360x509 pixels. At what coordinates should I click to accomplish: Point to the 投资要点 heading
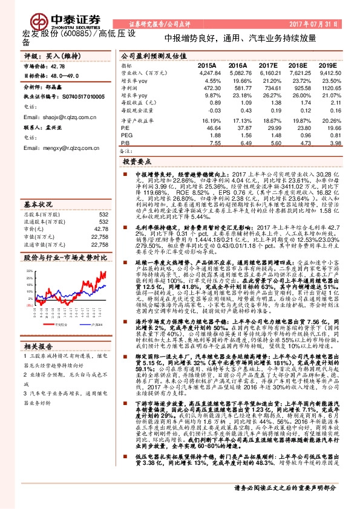(x=137, y=163)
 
